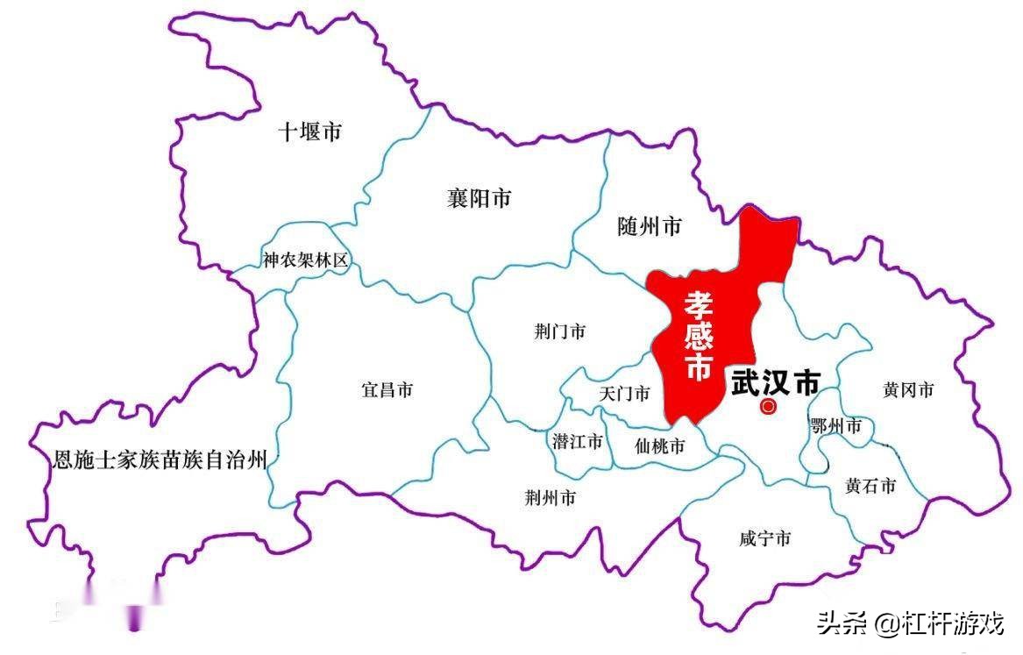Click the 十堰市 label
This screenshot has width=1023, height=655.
309,132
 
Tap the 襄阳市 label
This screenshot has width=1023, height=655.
479,199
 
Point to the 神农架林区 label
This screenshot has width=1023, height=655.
306,260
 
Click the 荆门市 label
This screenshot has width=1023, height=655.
559,331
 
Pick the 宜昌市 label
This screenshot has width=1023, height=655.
387,390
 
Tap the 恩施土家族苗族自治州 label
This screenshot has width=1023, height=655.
159,459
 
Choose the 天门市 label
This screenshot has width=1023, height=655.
624,394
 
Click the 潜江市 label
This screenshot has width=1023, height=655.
578,441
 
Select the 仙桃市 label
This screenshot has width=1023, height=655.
659,446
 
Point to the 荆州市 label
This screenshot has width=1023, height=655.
550,498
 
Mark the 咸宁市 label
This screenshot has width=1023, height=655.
764,538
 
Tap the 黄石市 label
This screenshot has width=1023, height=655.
870,486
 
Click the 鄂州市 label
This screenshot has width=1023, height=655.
835,427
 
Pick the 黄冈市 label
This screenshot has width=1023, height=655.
908,390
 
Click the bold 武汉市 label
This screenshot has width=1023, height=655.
776,382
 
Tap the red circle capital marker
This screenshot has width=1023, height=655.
768,406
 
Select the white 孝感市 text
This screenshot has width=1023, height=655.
699,336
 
